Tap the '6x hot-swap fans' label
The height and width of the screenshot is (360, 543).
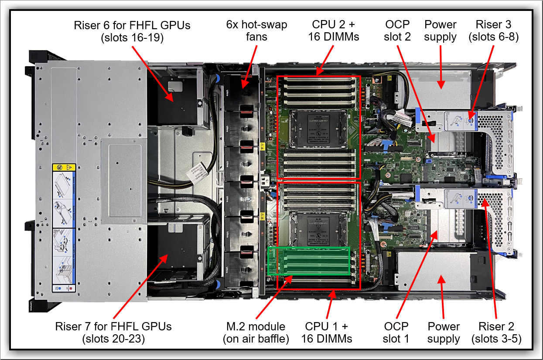pyautogui.click(x=256, y=31)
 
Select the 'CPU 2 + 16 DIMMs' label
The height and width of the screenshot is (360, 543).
pyautogui.click(x=333, y=31)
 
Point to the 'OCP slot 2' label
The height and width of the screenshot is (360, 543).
pyautogui.click(x=397, y=31)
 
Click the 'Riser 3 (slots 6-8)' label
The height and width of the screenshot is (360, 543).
pyautogui.click(x=493, y=31)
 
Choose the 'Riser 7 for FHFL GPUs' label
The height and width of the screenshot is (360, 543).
pyautogui.click(x=113, y=332)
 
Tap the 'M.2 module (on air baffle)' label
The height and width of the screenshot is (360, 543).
pyautogui.click(x=256, y=333)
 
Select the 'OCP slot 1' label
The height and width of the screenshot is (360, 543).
pyautogui.click(x=396, y=333)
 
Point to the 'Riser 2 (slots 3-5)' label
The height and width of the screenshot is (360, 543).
pyautogui.click(x=496, y=333)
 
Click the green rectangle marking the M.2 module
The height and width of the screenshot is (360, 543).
pyautogui.click(x=309, y=261)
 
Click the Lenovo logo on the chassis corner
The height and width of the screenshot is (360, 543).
pyautogui.click(x=31, y=305)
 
